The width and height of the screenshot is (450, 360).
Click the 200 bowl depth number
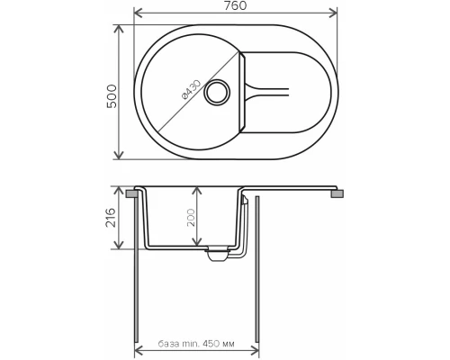click(192, 222)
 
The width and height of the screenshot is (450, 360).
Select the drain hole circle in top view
click(219, 92)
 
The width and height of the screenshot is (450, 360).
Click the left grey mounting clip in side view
click(132, 193)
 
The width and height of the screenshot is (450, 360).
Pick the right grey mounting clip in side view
click(338, 193)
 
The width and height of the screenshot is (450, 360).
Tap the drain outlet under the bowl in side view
click(216, 254)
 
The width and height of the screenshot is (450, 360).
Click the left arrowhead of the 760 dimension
click(136, 13)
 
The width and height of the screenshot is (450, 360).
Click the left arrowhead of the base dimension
click(139, 350)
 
